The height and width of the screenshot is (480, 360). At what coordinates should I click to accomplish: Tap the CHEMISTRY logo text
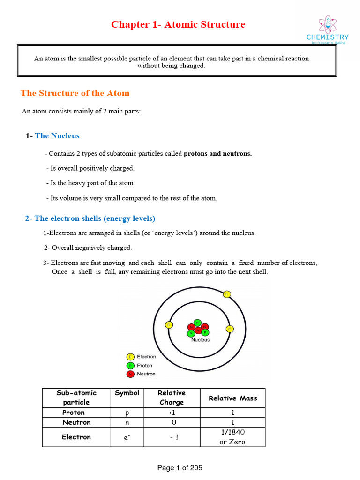[327, 37]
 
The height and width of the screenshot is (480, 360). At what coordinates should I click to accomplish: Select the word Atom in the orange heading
[118, 93]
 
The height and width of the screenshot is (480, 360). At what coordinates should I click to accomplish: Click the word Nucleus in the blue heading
[64, 136]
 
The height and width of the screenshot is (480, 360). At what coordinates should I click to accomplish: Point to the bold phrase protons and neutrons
[217, 153]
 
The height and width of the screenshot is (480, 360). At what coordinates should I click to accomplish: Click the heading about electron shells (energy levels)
[90, 218]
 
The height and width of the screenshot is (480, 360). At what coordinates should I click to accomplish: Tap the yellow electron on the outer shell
[227, 294]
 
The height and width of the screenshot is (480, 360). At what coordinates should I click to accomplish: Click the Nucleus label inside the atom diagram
[200, 340]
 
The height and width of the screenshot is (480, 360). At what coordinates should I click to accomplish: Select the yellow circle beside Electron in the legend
[130, 357]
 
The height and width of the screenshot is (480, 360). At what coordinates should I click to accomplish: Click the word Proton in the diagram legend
[144, 365]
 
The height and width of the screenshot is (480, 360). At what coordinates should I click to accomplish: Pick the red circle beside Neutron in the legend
[130, 374]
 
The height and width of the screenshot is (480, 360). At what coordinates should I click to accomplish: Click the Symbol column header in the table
[127, 393]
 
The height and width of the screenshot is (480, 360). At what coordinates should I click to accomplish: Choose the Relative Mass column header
[232, 398]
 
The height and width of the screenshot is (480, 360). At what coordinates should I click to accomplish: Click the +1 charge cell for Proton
[171, 412]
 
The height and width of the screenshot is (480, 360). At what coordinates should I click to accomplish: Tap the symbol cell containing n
[127, 422]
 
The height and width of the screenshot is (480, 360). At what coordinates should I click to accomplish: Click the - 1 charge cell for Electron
[171, 437]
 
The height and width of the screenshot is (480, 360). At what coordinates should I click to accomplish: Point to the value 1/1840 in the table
[232, 432]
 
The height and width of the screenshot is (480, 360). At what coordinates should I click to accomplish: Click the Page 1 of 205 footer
[180, 468]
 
